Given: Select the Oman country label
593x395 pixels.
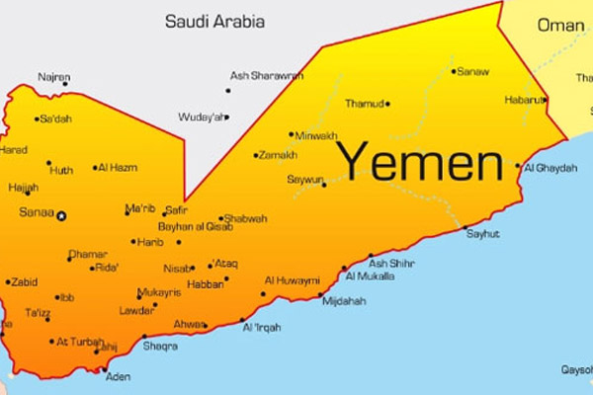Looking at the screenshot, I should [x=559, y=25].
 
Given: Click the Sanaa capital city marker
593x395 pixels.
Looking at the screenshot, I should [x=62, y=214].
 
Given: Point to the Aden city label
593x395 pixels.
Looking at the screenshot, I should [x=119, y=377].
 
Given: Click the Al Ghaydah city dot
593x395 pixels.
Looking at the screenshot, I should [x=517, y=167].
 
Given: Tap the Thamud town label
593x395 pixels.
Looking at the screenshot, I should [x=363, y=103].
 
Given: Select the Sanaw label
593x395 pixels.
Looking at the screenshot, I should [x=473, y=71].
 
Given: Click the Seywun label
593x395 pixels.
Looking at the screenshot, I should [x=304, y=181].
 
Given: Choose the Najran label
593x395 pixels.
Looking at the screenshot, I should [x=54, y=76].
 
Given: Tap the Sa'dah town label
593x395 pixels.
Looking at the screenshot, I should [x=54, y=119].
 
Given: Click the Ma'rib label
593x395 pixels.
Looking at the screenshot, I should [x=139, y=208].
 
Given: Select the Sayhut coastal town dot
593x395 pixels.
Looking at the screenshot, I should [x=466, y=229].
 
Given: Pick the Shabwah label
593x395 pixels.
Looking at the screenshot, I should [x=244, y=218].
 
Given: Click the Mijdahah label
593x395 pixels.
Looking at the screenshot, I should [x=344, y=300].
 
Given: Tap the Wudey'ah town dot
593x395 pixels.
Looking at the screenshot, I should [x=226, y=118].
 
